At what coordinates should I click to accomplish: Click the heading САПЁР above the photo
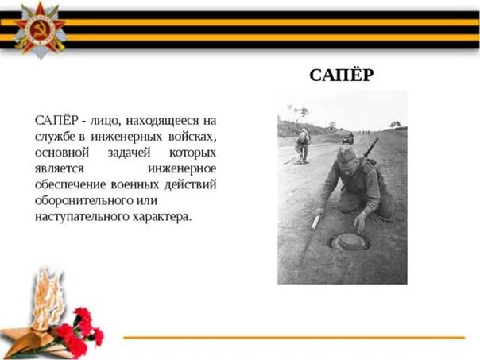coord(342,75)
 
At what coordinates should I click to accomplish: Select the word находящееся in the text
coord(164,120)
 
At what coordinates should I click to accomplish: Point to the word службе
coord(55,136)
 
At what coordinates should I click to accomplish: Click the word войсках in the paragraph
coord(189,136)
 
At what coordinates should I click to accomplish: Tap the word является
coord(60,168)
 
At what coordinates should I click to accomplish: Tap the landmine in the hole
coord(349,241)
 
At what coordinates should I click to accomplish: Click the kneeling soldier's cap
coord(346,155)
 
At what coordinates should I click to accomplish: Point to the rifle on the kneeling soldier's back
coord(370,149)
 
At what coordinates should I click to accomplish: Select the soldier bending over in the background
coord(303,144)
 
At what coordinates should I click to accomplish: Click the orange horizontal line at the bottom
coord(294,338)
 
